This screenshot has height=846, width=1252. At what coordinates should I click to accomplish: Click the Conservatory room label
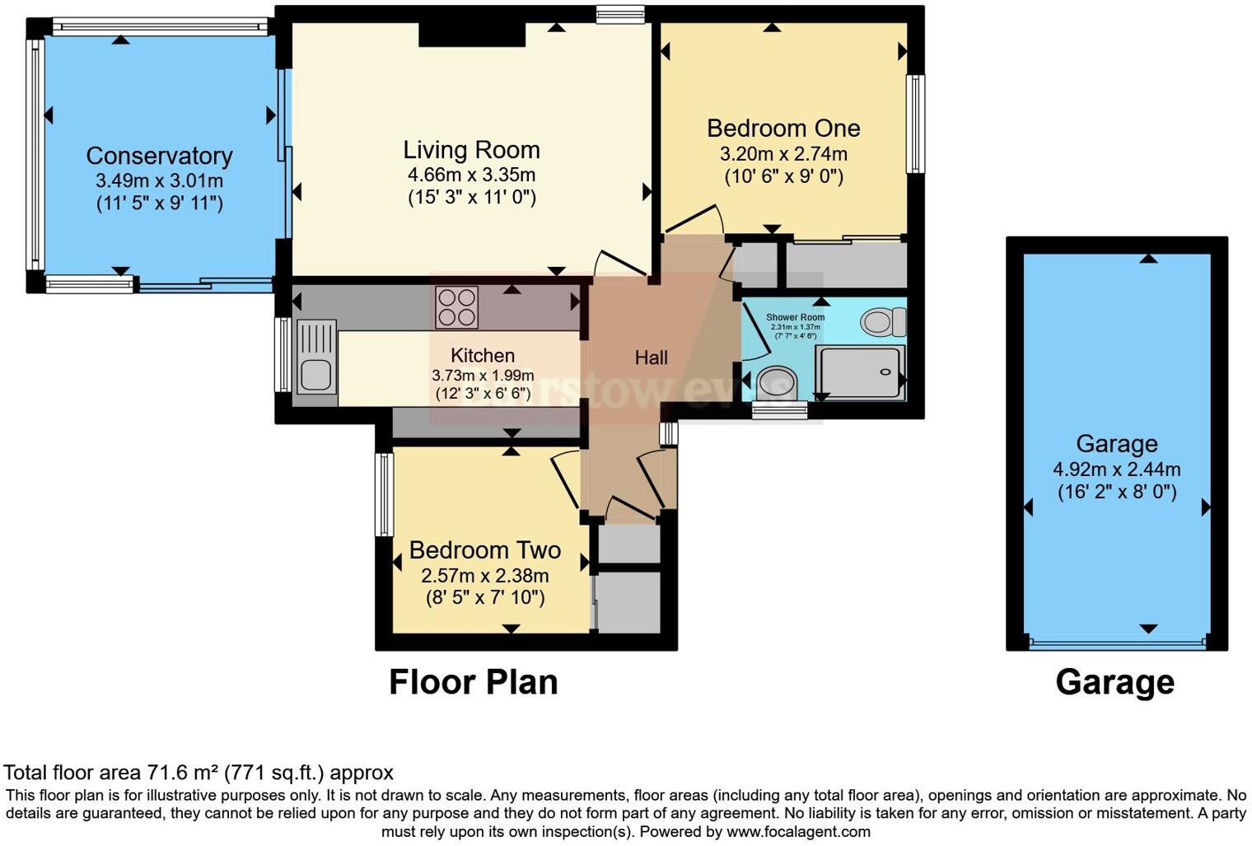tap(159, 156)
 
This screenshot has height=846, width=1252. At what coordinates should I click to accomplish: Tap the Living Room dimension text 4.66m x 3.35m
tap(471, 175)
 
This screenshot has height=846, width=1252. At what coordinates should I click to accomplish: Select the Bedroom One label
tap(783, 129)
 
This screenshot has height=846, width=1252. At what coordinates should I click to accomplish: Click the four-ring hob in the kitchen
tap(456, 307)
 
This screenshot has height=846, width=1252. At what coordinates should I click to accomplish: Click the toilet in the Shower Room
tap(883, 322)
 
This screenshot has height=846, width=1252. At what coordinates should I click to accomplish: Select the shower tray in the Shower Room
tap(859, 372)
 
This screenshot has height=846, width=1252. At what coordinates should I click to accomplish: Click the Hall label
tap(651, 358)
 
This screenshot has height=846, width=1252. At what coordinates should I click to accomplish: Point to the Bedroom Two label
tap(485, 550)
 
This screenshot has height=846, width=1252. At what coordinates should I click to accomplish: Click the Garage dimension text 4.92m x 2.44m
tap(1116, 470)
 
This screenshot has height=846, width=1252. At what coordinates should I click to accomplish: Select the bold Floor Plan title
tap(473, 682)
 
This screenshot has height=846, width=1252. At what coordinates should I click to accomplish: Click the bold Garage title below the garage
tap(1114, 682)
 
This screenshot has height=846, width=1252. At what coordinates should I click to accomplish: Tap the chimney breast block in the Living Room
tap(472, 35)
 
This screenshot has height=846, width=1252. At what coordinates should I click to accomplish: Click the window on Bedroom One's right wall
tap(914, 124)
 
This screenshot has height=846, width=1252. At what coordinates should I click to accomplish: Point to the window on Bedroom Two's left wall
tap(383, 494)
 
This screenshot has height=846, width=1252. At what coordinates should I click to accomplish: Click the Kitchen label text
tap(483, 356)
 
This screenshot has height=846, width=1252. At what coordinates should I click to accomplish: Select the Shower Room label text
tap(795, 317)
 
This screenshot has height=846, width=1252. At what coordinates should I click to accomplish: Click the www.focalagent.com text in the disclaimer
tap(798, 831)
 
